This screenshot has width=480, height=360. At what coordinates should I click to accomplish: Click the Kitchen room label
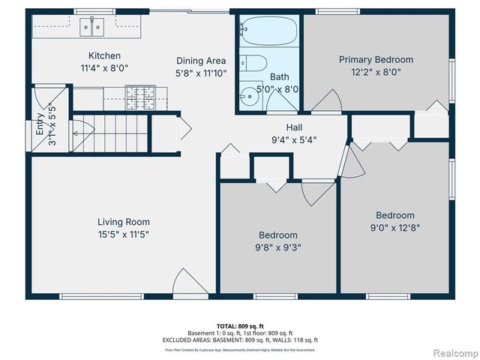click(104, 55)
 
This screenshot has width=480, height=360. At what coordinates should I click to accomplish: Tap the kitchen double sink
click(94, 28)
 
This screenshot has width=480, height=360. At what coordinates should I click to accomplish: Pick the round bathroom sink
click(248, 96)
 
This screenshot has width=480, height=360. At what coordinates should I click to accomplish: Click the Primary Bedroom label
click(376, 59)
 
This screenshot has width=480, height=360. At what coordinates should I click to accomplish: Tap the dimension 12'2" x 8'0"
click(376, 73)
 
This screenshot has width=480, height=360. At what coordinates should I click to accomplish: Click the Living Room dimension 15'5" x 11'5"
click(124, 234)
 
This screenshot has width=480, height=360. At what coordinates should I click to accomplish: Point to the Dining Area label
click(201, 61)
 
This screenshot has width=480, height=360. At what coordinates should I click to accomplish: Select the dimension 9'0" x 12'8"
click(394, 228)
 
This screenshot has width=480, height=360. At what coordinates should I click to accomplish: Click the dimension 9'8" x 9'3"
click(278, 247)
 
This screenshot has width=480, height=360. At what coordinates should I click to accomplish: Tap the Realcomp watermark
click(452, 352)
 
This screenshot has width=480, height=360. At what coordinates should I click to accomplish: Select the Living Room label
click(124, 221)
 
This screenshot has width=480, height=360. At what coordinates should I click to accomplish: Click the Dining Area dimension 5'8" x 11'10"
click(201, 73)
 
